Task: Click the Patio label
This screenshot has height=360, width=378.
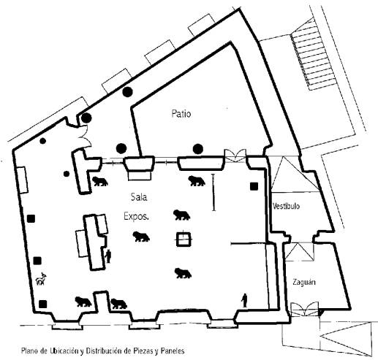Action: (x=181, y=114)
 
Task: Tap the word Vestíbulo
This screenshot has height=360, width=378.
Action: (x=286, y=206)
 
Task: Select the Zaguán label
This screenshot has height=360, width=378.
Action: (x=304, y=282)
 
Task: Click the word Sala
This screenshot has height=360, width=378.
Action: (x=139, y=196)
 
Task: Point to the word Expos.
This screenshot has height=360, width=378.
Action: (x=136, y=216)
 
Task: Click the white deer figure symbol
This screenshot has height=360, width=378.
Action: (x=41, y=279)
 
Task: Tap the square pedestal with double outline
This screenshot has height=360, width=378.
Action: (x=184, y=239)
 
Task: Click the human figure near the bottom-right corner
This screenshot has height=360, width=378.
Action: (x=244, y=300)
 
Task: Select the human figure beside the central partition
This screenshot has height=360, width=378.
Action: (x=108, y=256)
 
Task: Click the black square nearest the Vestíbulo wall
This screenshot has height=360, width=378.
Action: (x=254, y=186)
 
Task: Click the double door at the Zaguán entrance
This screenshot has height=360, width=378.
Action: (x=305, y=309)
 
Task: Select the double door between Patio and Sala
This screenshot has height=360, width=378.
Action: (x=235, y=156)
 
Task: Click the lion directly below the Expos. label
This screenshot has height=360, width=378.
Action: (x=141, y=237)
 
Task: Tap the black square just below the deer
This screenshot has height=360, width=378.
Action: (x=43, y=304)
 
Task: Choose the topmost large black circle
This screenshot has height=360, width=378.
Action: (x=127, y=92)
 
